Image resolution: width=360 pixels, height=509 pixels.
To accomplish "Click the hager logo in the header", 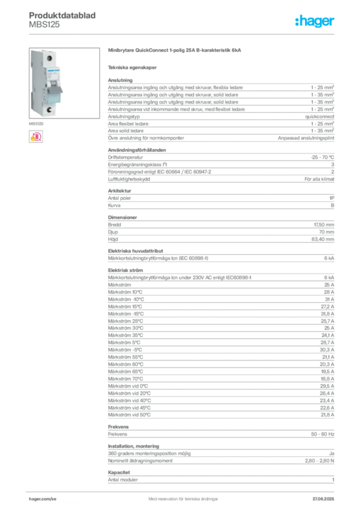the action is coord(314,21).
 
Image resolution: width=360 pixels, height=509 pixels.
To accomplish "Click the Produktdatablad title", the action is coord(62,15).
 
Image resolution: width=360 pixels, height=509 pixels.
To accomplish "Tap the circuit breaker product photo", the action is coord(64,83).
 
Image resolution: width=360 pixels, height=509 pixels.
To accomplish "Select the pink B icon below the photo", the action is coord(36,137).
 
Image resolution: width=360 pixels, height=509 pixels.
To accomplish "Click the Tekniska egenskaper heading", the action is coord(132,68).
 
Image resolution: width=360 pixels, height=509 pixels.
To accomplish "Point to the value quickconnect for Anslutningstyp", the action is coord(319,116).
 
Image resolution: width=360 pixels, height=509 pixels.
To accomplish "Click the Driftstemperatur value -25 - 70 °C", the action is coord(322,157).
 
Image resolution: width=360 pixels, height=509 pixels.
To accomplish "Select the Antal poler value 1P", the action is coord(332,198).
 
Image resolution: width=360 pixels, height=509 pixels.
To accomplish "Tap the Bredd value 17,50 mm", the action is coord(324,225).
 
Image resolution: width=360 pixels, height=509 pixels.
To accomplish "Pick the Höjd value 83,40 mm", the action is coord(323,239).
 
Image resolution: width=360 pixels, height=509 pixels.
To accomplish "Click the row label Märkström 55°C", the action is coord(125,357).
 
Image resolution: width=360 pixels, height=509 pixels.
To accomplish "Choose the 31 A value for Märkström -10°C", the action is coord(330,299).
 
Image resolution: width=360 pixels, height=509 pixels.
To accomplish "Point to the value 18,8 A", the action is coord(328,379).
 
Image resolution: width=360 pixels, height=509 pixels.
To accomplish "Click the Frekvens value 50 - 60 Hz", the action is coord(323,434).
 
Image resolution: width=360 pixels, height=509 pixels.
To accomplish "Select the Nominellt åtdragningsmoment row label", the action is coord(140,461).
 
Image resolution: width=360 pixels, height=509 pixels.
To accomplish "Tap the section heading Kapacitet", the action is coord(119,472).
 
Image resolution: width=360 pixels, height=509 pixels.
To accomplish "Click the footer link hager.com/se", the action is coord(43,499).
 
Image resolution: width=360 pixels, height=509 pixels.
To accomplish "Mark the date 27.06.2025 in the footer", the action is coord(323,499).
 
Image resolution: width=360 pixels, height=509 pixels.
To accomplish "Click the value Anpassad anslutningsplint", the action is coord(306,138).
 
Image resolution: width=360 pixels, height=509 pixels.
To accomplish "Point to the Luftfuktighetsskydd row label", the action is coord(129,179).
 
